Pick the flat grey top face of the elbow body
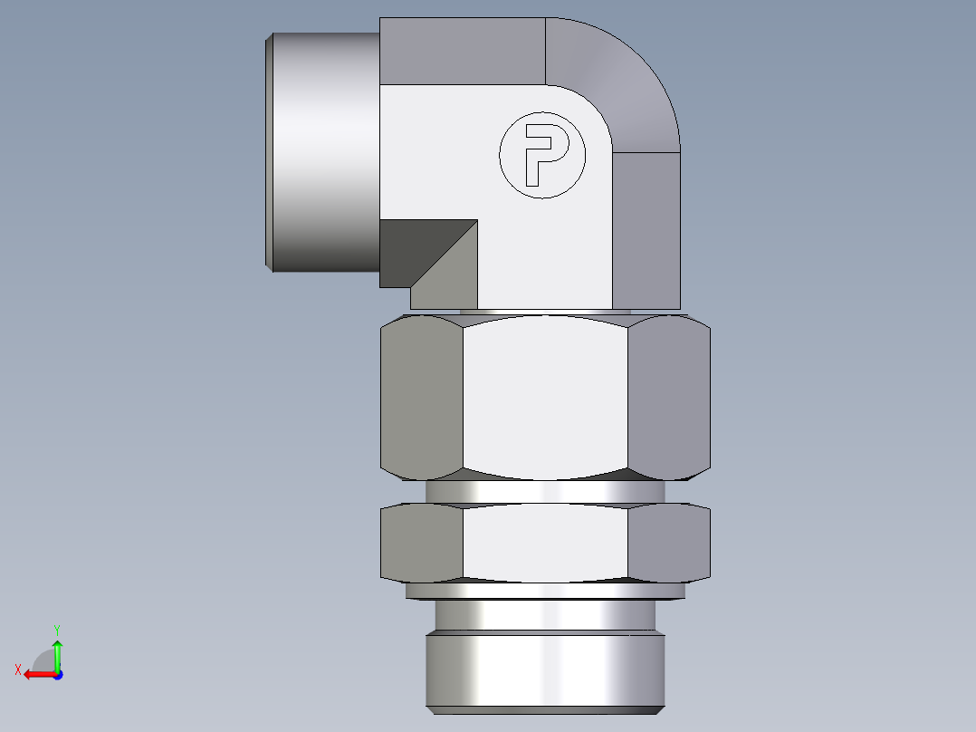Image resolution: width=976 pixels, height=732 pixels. tap(462, 51)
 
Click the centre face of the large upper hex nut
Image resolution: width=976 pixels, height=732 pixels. tap(545, 397)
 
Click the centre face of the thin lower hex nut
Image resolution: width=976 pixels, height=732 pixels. tap(545, 542)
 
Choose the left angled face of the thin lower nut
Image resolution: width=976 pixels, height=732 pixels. tap(422, 542)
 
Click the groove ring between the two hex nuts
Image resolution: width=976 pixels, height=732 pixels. tap(545, 492)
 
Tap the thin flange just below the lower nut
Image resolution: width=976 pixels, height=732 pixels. tap(545, 591)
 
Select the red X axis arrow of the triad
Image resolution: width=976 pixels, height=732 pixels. tap(34, 674)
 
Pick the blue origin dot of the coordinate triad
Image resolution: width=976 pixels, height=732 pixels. tap(57, 674)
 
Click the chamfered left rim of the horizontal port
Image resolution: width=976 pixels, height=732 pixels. tap(269, 152)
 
